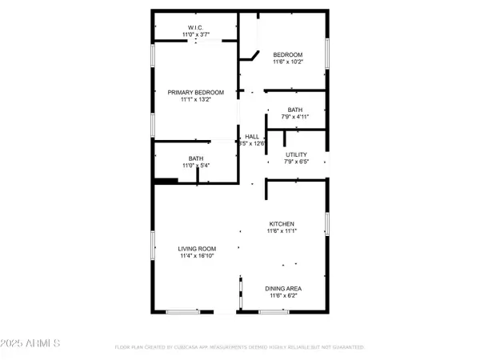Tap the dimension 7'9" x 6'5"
point(296,162)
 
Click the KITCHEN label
point(282,223)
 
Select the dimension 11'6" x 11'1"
point(282,232)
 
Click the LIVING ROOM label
point(197,249)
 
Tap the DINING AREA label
point(283,288)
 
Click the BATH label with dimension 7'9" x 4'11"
point(295,110)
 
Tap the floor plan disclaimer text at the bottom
point(240,347)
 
